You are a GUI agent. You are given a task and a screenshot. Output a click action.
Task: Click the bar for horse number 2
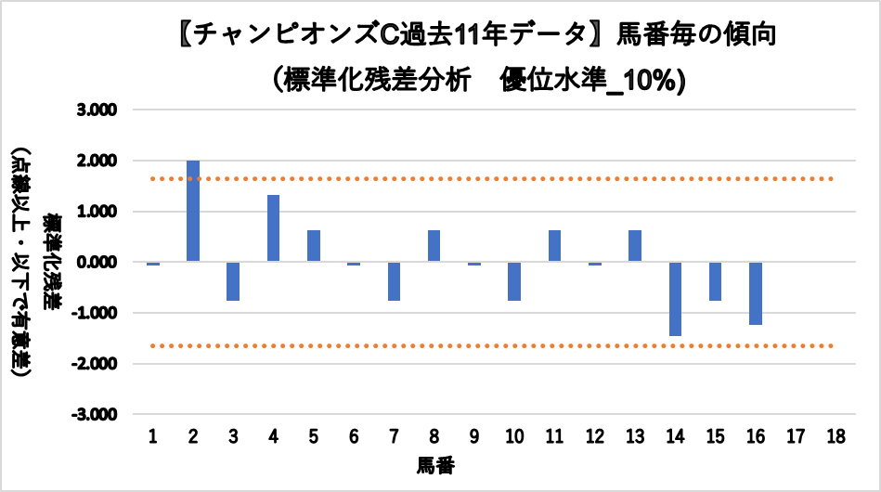click(x=193, y=212)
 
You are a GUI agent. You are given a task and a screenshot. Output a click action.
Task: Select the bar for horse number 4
click(x=273, y=228)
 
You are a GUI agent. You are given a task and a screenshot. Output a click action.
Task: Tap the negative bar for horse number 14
click(x=675, y=299)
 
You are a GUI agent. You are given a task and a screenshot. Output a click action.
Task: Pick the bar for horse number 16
click(x=756, y=293)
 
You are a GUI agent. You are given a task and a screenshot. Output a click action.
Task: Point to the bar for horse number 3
click(x=233, y=281)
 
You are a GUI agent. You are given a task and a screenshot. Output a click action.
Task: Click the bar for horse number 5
click(x=314, y=246)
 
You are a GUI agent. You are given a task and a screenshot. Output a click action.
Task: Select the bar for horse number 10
click(x=514, y=281)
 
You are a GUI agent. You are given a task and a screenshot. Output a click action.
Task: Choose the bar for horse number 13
click(x=635, y=246)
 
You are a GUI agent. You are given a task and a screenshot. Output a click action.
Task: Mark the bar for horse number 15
click(x=715, y=281)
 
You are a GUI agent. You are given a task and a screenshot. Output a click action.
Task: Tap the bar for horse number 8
click(x=434, y=246)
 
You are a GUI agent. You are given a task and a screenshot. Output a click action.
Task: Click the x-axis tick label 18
click(x=836, y=435)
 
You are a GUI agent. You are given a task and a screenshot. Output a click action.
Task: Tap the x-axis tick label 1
click(x=153, y=435)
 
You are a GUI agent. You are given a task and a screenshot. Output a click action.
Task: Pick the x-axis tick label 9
click(x=473, y=435)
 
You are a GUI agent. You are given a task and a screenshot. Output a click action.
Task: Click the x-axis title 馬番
click(x=434, y=463)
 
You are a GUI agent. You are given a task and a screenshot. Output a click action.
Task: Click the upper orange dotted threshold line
click(x=492, y=178)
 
